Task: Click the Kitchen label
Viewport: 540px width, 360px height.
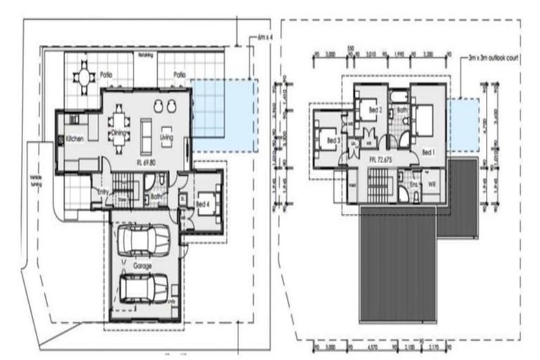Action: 75,139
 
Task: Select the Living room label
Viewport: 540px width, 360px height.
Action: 167,137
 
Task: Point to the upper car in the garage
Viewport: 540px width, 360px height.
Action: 143,240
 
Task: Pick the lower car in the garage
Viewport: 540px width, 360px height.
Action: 144,287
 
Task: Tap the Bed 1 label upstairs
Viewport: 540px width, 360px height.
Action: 427,152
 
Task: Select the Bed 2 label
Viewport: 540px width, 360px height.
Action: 375,110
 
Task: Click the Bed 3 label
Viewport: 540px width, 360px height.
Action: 334,141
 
